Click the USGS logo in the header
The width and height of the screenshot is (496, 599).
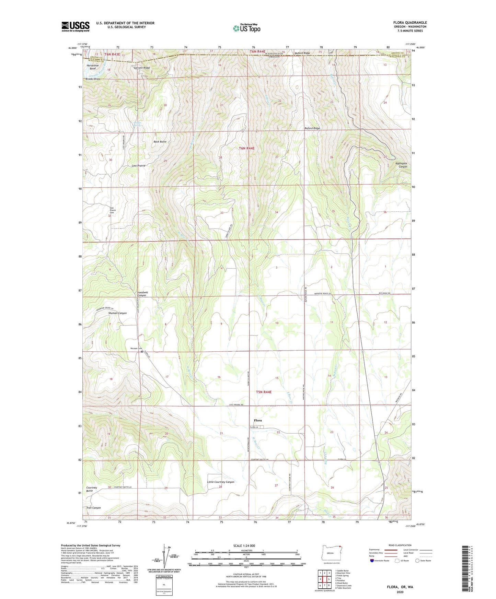[x=76, y=26]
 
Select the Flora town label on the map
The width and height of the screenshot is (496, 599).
[x=258, y=420]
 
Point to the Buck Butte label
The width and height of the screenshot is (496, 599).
[x=160, y=142]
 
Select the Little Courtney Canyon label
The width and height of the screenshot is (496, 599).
[x=221, y=482]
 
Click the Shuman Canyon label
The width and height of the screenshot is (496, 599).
[x=117, y=313]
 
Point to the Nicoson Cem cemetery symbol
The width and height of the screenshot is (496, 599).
[x=142, y=351]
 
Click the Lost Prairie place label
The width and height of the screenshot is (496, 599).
[x=138, y=166]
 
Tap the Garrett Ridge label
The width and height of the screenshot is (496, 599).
[x=142, y=68]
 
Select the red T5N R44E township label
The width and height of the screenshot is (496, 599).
[x=264, y=392]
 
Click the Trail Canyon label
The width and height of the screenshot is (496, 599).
[x=93, y=508]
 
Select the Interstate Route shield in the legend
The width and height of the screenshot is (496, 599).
[x=372, y=561]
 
